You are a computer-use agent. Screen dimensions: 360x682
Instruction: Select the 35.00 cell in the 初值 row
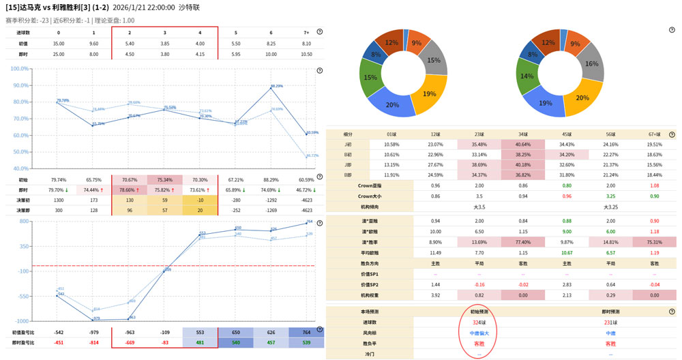[x=58, y=43]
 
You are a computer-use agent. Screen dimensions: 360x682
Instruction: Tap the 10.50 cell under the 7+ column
[x=306, y=54]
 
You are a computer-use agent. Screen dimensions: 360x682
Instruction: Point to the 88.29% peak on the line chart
[x=271, y=88]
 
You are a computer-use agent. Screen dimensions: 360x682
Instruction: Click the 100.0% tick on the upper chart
[x=19, y=69]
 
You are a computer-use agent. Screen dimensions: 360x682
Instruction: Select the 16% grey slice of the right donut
[x=591, y=64]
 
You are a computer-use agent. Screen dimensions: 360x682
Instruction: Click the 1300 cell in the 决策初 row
[x=58, y=200]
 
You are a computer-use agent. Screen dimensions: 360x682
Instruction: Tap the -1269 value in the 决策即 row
[x=271, y=211]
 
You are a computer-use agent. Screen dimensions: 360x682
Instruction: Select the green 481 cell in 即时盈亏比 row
[x=200, y=342]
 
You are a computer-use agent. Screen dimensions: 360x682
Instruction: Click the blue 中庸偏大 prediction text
[x=479, y=333]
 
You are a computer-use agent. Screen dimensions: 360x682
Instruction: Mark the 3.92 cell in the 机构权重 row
[x=434, y=295]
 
